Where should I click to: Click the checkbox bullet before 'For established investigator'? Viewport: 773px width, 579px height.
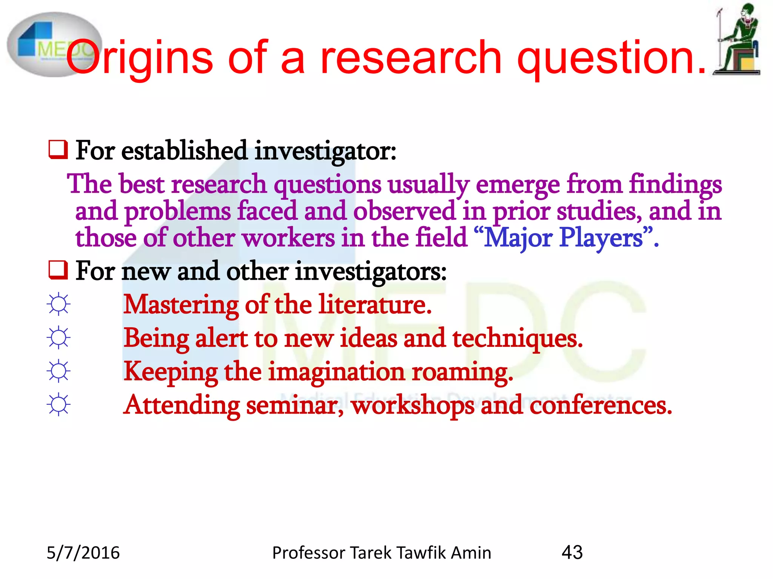pos(58,150)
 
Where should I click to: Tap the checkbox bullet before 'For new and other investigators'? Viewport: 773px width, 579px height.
pos(58,270)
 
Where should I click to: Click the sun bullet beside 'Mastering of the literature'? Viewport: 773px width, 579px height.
pos(59,304)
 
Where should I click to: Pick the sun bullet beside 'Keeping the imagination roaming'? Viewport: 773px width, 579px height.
pos(59,371)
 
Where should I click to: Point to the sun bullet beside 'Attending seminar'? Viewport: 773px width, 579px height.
pos(59,404)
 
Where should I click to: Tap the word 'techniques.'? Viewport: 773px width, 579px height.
pos(517,339)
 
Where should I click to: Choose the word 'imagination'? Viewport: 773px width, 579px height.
pos(336,372)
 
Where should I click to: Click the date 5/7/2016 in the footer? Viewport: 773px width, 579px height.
pos(83,553)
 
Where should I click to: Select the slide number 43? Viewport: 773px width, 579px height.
pos(572,553)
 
